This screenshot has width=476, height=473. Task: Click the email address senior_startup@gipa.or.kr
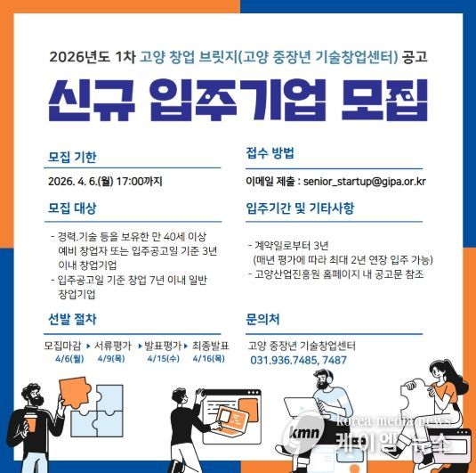coord(365,182)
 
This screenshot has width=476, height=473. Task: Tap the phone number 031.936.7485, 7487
coord(298,360)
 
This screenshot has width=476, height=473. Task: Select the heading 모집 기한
coord(72,157)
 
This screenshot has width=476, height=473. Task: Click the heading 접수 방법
coord(270,153)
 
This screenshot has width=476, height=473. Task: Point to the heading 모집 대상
coord(72,208)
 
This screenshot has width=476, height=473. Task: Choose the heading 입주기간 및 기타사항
coord(300,208)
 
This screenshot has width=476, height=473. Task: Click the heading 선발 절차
coord(72,319)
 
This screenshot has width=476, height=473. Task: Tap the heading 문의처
coord(262,319)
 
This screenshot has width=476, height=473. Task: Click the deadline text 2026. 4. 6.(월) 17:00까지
coord(105,182)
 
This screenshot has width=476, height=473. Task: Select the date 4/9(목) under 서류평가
coord(111,359)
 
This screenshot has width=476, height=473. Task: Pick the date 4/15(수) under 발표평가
coord(164,359)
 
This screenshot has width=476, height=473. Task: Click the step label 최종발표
coord(210,346)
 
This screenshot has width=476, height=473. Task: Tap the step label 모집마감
coord(62,346)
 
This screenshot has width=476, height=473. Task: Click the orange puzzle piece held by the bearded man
coord(74,392)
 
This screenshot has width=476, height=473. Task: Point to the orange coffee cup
coord(30,422)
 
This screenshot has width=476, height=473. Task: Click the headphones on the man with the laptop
coord(328,377)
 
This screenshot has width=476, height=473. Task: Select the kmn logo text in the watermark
coord(304,433)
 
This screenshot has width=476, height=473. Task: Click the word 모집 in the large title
coord(384,100)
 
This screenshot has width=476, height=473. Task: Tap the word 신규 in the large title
coord(92,100)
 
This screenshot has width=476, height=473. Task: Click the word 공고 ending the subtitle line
coord(415,57)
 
